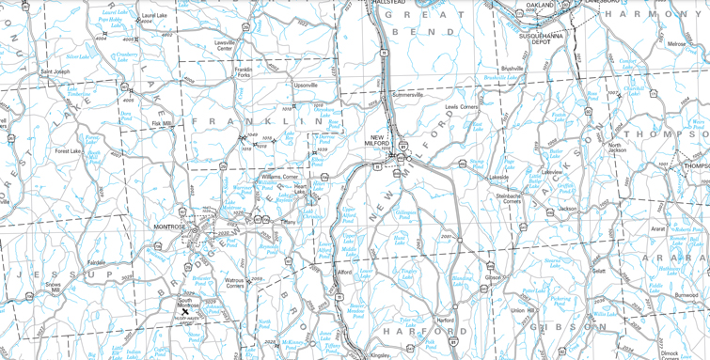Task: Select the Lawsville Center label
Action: click(224, 45)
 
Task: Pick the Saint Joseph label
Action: click(55, 71)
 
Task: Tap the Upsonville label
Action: click(306, 85)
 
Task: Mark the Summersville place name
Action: click(407, 95)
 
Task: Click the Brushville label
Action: click(512, 69)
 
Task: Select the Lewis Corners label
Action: click(462, 107)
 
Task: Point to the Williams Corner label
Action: click(279, 176)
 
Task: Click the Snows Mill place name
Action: click(53, 288)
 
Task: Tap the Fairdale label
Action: click(96, 262)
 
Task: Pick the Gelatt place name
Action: click(598, 271)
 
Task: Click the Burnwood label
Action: click(686, 295)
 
